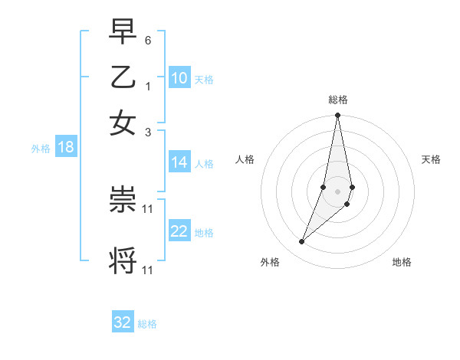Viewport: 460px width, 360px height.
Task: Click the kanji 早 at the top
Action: point(123,31)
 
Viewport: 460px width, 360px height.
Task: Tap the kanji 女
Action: point(123,123)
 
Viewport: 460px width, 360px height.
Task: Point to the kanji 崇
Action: point(123,201)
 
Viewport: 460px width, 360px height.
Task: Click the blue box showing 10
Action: point(179,79)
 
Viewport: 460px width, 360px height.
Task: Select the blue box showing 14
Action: point(179,162)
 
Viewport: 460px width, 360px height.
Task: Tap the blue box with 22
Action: point(179,232)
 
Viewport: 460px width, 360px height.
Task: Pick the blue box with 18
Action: point(65,148)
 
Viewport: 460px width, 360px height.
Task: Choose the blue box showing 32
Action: point(123,322)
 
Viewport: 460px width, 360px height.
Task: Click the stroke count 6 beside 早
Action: point(148,39)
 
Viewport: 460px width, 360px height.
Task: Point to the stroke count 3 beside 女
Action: point(148,132)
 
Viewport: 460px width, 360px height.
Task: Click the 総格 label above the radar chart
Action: point(337,100)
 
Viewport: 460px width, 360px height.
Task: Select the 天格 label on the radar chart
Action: point(432,159)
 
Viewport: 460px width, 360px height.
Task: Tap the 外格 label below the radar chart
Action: point(270,262)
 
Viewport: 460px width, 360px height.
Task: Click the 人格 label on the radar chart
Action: point(245,159)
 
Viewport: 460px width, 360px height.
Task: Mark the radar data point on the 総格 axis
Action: point(337,116)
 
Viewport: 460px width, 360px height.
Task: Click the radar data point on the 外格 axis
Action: point(302,242)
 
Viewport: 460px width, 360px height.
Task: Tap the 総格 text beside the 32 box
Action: point(147,324)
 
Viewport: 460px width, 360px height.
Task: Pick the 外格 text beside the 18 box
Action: point(40,149)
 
